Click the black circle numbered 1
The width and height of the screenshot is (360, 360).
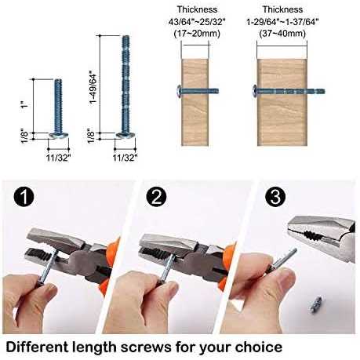coord(24,197)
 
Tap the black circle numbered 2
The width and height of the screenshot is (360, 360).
coord(157,197)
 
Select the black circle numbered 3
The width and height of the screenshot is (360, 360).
coord(275,197)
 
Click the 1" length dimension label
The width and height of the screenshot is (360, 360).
coord(24,105)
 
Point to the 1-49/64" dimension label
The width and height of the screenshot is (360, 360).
coord(93,87)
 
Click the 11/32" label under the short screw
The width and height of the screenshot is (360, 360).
coord(59,158)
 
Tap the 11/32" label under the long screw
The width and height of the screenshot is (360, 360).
coord(125,158)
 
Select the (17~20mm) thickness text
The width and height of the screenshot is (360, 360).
coord(197,34)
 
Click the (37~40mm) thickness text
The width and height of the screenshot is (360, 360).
coord(282,34)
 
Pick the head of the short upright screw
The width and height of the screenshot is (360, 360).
coord(59,135)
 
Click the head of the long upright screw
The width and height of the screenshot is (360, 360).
coord(125,135)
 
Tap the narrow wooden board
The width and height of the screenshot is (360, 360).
coord(195,102)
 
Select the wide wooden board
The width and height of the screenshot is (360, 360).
coord(282,102)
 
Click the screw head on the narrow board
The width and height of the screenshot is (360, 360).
coord(179,91)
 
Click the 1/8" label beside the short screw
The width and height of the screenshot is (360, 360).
coord(24,136)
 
